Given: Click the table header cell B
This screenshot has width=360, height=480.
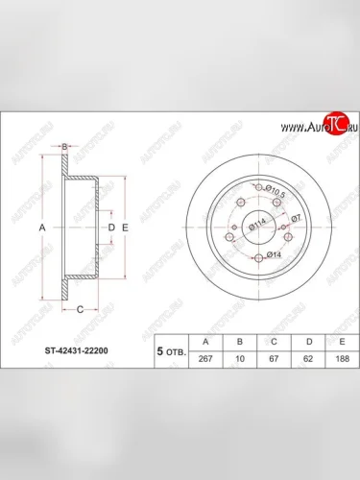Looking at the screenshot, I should tap(239, 339).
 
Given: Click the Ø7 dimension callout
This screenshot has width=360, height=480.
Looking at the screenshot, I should tap(298, 219).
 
